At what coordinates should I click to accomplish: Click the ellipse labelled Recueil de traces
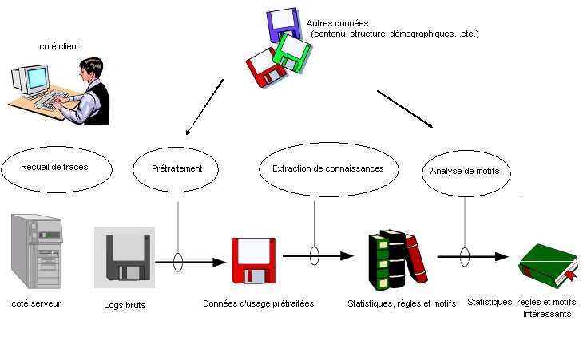(x=54, y=168)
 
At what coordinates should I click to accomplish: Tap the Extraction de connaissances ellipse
(x=327, y=169)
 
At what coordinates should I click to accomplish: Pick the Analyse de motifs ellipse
(x=465, y=172)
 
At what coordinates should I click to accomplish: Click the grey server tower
(x=35, y=251)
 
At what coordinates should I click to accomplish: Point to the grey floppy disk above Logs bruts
(x=124, y=257)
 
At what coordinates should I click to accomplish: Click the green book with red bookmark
(x=548, y=264)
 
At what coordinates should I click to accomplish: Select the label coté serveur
(x=36, y=303)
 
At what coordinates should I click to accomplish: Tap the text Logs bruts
(x=124, y=305)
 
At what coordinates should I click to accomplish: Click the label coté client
(x=59, y=47)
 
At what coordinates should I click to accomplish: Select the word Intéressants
(x=547, y=314)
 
